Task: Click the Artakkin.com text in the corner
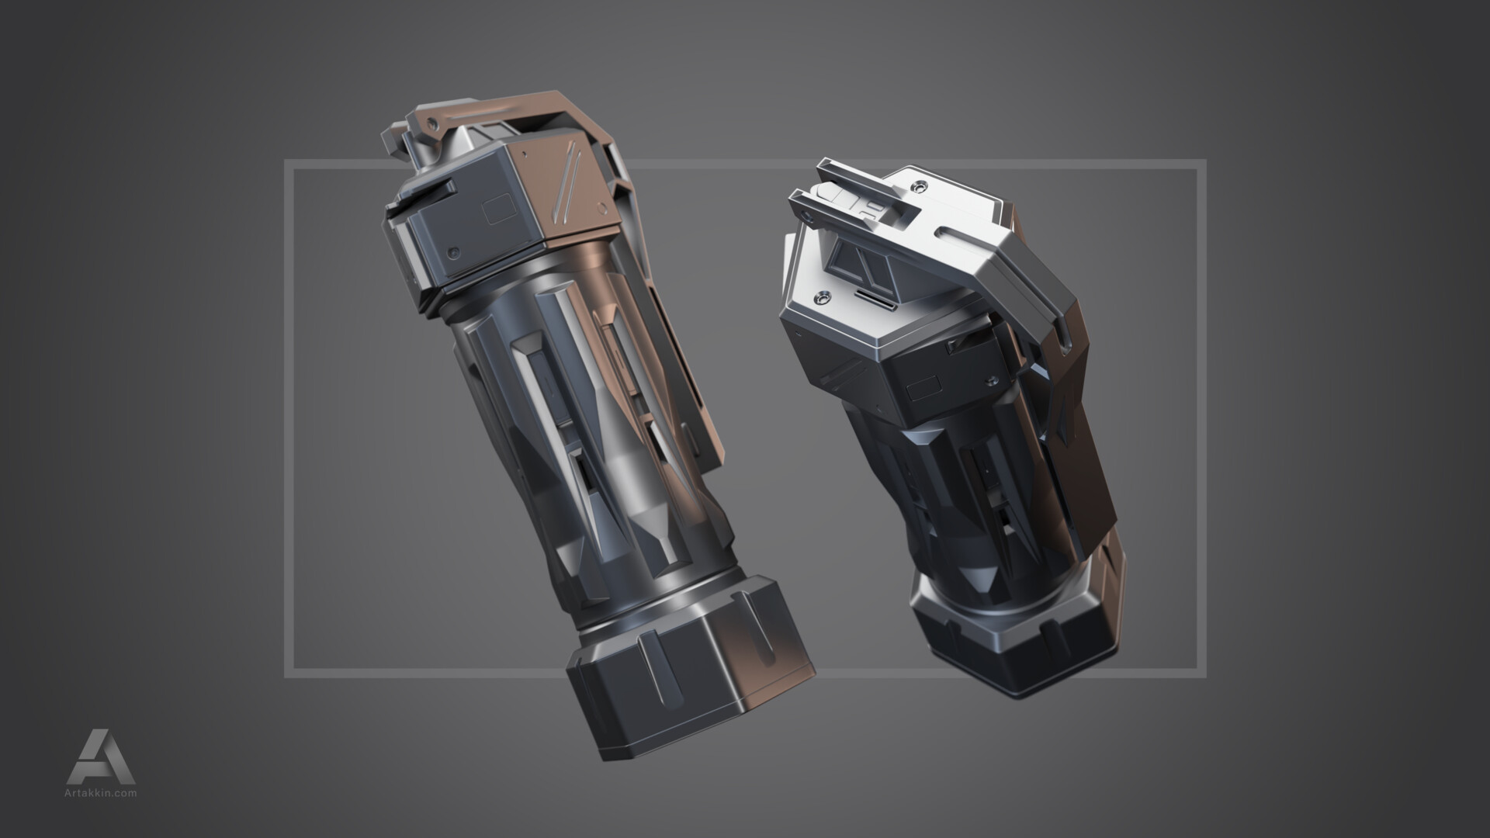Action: pos(101,793)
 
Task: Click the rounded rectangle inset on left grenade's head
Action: pos(498,210)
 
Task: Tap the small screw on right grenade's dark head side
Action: pos(991,379)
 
